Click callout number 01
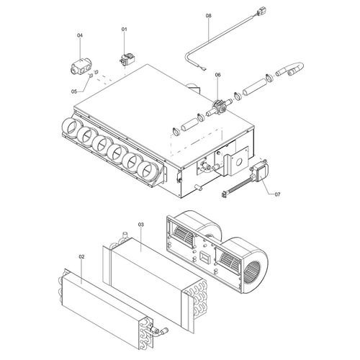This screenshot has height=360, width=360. [124, 29]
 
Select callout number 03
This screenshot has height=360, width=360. [141, 225]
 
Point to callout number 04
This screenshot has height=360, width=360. [80, 35]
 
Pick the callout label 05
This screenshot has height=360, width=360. [74, 91]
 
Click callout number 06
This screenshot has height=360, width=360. [217, 74]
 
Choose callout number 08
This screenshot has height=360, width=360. [208, 15]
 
